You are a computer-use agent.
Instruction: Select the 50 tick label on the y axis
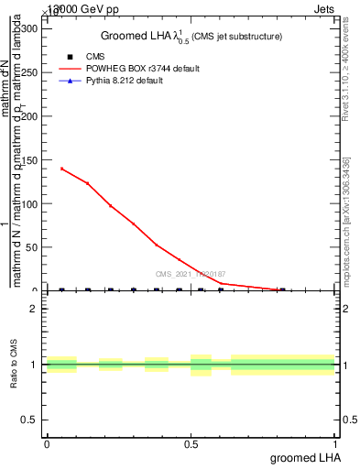point(31,247)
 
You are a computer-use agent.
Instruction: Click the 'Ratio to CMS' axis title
point(14,364)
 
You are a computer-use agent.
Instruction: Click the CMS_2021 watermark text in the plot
point(191,274)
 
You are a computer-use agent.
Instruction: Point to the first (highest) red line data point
point(61,169)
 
